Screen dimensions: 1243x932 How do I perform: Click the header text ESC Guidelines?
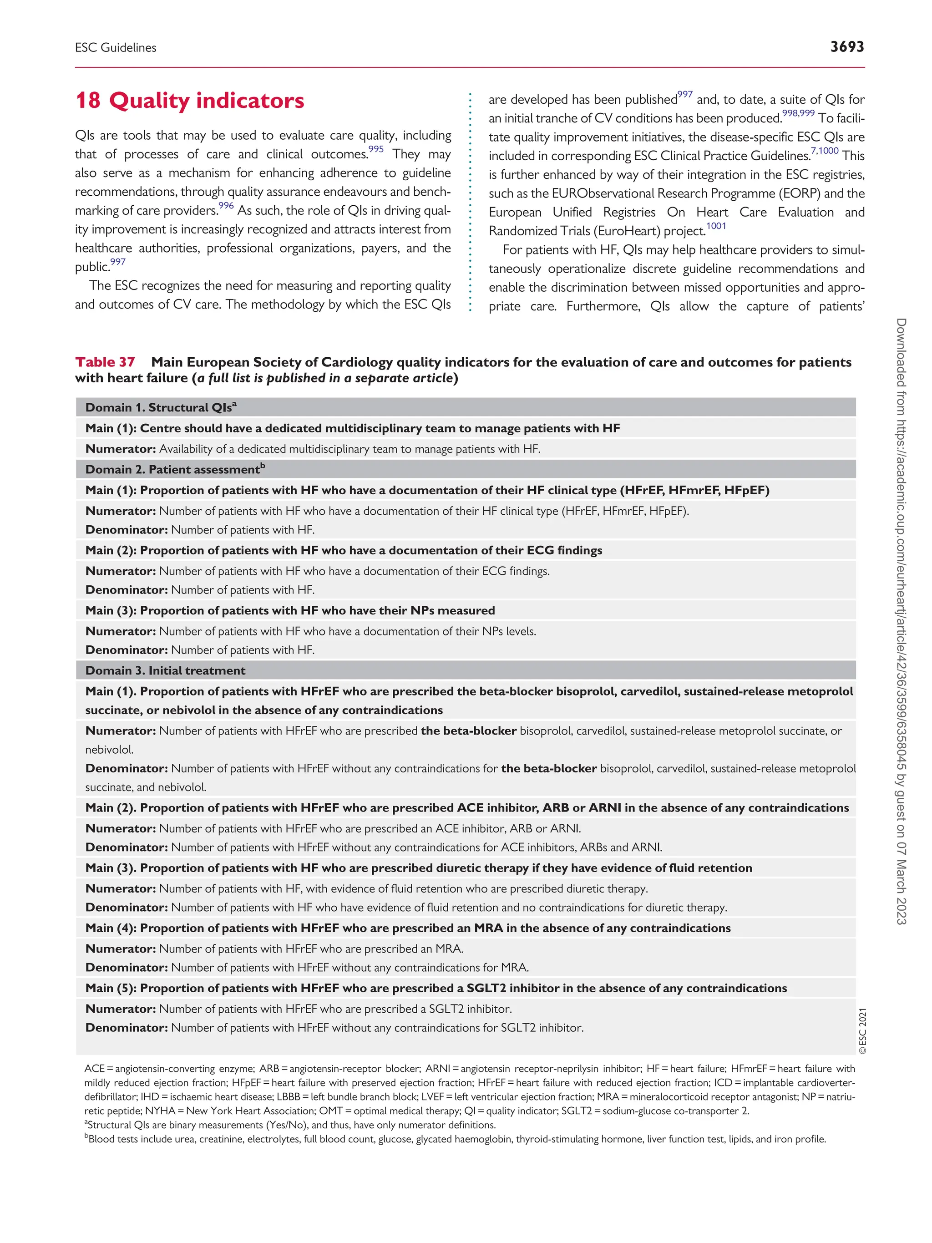[116, 48]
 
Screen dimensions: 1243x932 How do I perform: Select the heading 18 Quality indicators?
[189, 101]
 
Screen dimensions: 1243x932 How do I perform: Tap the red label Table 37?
[105, 362]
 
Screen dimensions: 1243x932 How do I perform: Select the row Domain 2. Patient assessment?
[175, 469]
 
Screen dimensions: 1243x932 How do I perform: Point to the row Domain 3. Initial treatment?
[165, 670]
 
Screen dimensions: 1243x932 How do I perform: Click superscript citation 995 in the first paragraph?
[376, 149]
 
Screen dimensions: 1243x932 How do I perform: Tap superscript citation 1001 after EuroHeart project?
[716, 226]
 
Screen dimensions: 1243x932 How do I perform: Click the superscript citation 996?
[226, 206]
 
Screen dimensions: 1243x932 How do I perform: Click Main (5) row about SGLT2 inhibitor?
[436, 988]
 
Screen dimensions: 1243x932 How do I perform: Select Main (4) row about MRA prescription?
[407, 928]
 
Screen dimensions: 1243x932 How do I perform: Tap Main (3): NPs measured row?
[290, 610]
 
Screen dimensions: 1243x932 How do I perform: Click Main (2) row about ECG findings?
[343, 550]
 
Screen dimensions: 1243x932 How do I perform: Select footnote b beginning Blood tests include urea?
[455, 1139]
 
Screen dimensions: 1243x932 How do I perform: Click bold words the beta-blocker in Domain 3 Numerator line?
[469, 731]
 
